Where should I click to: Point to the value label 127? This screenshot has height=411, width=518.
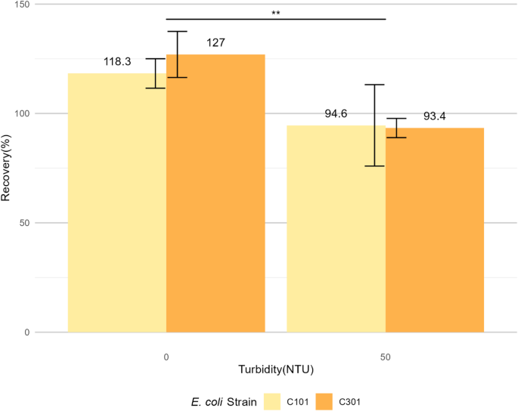(x=216, y=43)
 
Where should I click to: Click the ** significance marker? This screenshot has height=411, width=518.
(x=275, y=13)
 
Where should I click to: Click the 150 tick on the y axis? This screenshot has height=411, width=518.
(x=21, y=5)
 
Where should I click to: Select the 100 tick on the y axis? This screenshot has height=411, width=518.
(x=21, y=113)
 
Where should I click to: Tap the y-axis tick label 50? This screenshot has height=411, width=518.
(x=24, y=223)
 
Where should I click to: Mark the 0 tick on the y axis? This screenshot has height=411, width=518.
(x=26, y=332)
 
